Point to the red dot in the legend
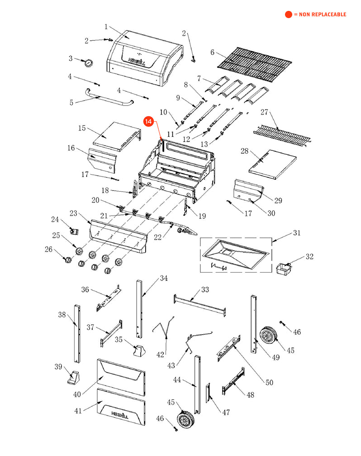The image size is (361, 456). point(288,14)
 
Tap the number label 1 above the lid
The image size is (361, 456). point(106,27)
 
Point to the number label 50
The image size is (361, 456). point(269,383)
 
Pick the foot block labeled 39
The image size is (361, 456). point(73,376)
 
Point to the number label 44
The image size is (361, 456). point(177,380)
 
